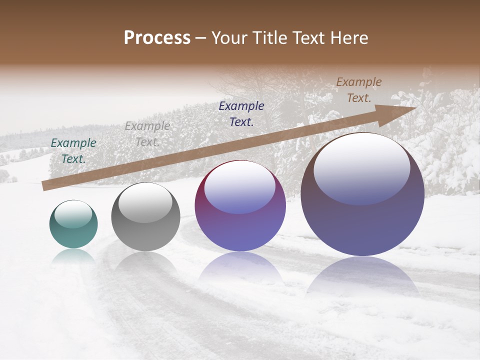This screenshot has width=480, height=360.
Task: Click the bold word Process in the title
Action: click(157, 38)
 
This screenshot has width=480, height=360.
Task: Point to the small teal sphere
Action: click(73, 224)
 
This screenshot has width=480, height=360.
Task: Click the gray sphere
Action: click(145, 217)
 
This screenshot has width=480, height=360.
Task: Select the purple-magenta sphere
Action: click(240, 206)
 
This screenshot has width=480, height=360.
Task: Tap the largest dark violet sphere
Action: click(362, 195)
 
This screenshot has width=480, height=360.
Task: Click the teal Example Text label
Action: click(73, 151)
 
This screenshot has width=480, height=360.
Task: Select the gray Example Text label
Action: click(147, 134)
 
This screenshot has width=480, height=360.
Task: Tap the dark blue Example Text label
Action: click(241, 113)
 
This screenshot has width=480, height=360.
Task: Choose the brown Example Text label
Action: click(358, 90)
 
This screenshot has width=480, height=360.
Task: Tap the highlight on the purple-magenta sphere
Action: click(240, 187)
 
